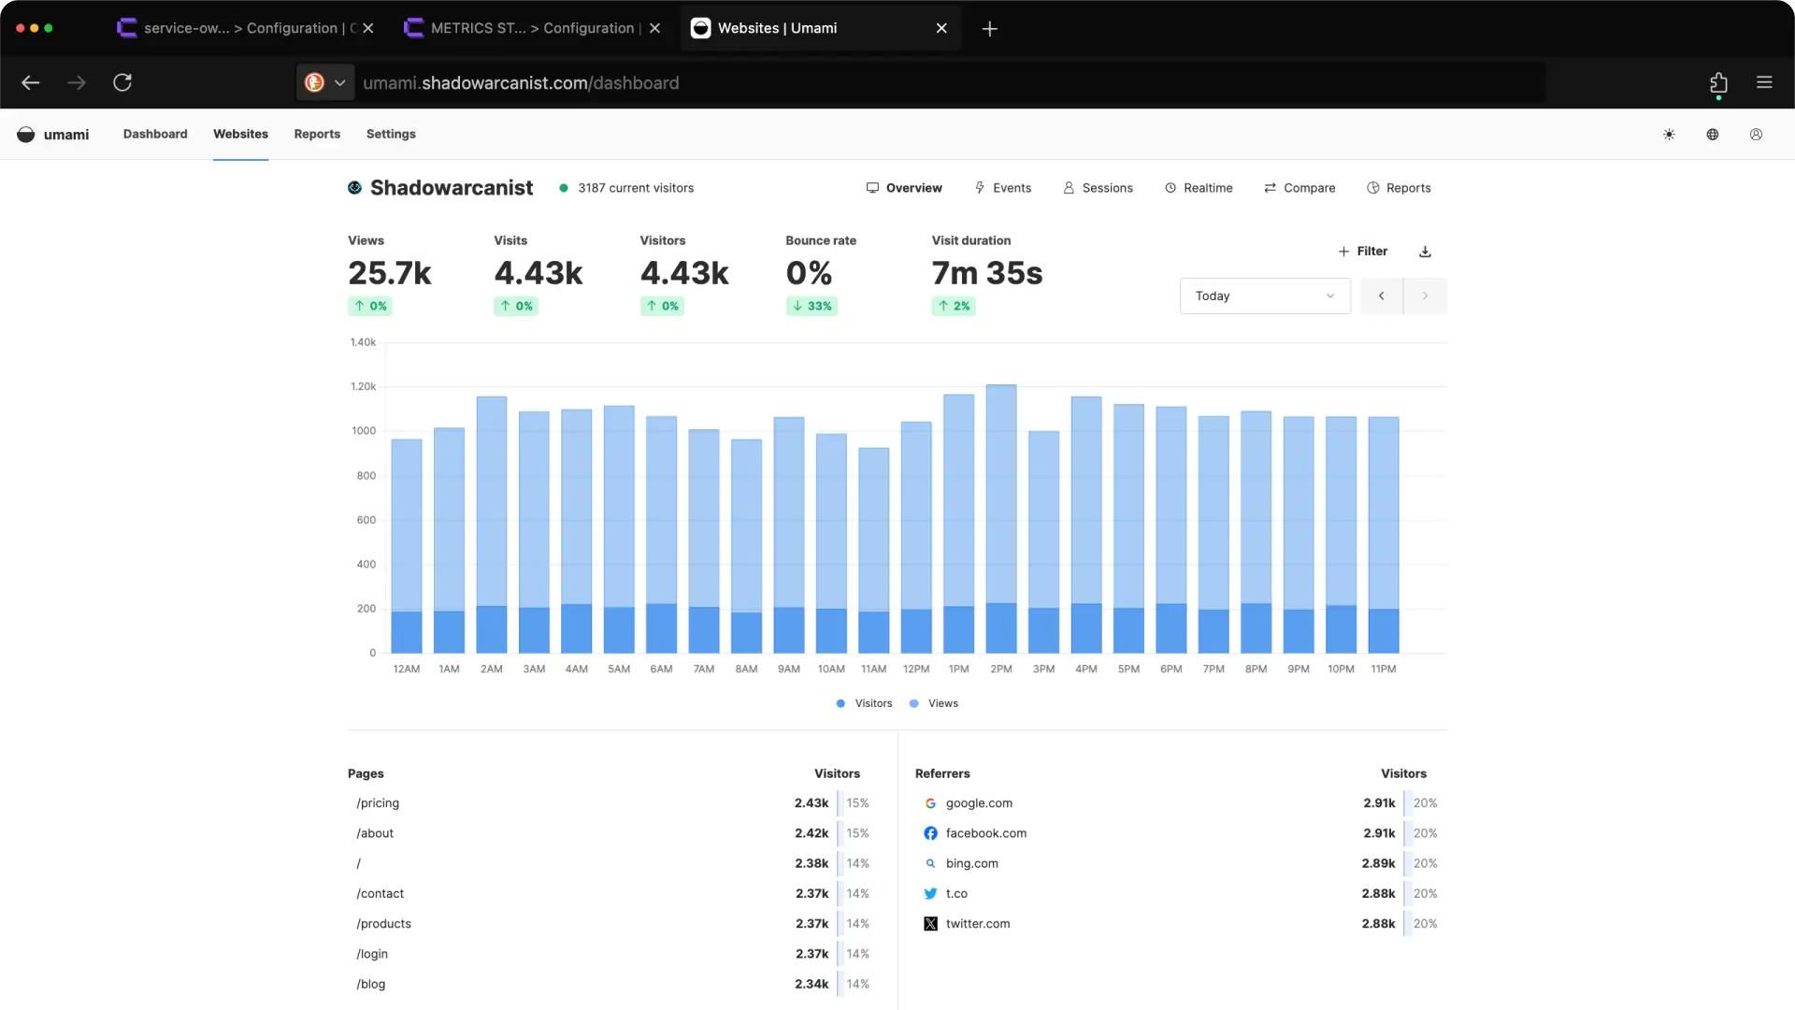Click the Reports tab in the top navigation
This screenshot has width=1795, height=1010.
point(317,134)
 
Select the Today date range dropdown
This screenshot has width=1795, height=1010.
point(1264,296)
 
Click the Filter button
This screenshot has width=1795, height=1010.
point(1362,251)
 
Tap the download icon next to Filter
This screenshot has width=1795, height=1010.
point(1425,252)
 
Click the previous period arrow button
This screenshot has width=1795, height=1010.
point(1381,296)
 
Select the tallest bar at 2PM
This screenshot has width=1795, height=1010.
point(1000,496)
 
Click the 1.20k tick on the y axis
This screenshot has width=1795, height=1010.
point(363,386)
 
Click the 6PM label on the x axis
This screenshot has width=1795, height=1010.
point(1170,669)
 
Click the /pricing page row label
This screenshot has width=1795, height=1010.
point(378,803)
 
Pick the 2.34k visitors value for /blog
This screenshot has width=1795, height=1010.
point(811,984)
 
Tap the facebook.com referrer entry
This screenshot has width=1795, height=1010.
point(985,833)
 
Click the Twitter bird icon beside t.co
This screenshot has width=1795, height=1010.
point(930,893)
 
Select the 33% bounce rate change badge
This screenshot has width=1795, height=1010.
point(811,306)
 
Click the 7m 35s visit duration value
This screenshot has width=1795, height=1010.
point(986,273)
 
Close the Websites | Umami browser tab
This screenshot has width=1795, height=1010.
point(941,28)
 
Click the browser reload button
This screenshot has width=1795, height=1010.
point(122,82)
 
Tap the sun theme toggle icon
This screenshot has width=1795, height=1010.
point(1669,135)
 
